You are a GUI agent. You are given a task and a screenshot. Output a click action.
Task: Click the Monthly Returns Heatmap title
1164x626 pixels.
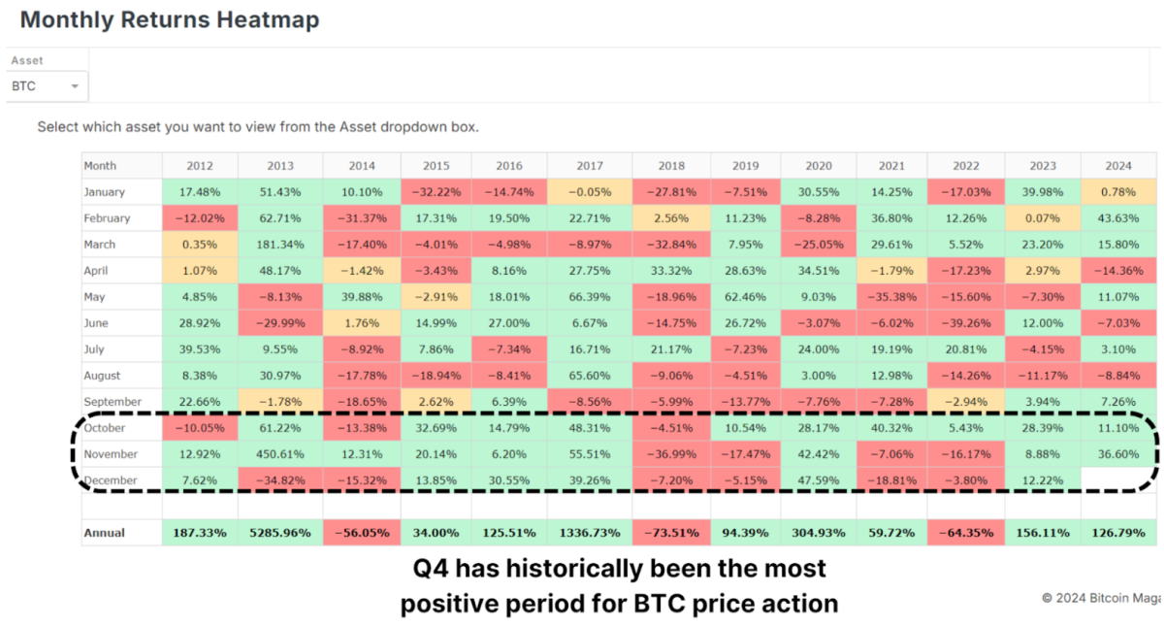[170, 19]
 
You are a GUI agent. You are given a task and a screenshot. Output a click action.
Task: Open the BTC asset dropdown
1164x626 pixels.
[46, 86]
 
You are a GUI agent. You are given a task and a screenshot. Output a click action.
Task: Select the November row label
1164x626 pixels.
[112, 454]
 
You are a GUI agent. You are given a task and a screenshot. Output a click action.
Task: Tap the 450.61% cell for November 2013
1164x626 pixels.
[280, 454]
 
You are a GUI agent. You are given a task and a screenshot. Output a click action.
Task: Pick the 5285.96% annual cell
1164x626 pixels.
[280, 533]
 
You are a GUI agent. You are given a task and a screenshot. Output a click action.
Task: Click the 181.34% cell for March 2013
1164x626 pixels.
[280, 245]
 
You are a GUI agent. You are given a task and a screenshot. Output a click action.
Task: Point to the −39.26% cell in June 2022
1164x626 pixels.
[965, 323]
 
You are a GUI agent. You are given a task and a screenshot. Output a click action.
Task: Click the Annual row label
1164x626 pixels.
[105, 533]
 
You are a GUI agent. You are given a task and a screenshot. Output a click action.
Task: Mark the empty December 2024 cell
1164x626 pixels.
[1118, 480]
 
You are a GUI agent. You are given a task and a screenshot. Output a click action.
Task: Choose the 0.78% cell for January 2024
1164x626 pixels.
[1118, 192]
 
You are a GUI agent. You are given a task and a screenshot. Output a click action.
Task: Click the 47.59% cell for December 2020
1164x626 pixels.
[817, 480]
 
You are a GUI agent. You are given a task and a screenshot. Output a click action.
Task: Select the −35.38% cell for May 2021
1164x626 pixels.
[889, 297]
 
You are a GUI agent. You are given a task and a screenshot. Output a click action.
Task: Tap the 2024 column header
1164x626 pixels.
[1118, 166]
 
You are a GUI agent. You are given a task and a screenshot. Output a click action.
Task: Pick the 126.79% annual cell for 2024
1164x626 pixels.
[1118, 533]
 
